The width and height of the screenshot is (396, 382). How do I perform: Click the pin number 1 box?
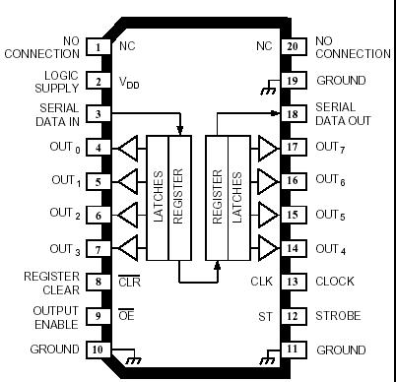[x=98, y=46]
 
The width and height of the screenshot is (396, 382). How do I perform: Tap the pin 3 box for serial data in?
[x=98, y=114]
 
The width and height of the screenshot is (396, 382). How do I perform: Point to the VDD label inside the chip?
[x=129, y=82]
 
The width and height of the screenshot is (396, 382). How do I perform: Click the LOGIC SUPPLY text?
[x=55, y=81]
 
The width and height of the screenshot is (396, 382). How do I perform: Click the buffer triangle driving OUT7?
[x=266, y=149]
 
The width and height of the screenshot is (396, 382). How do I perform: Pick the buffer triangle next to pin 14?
[x=266, y=248]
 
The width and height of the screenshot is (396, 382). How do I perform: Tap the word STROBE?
[x=339, y=316]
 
